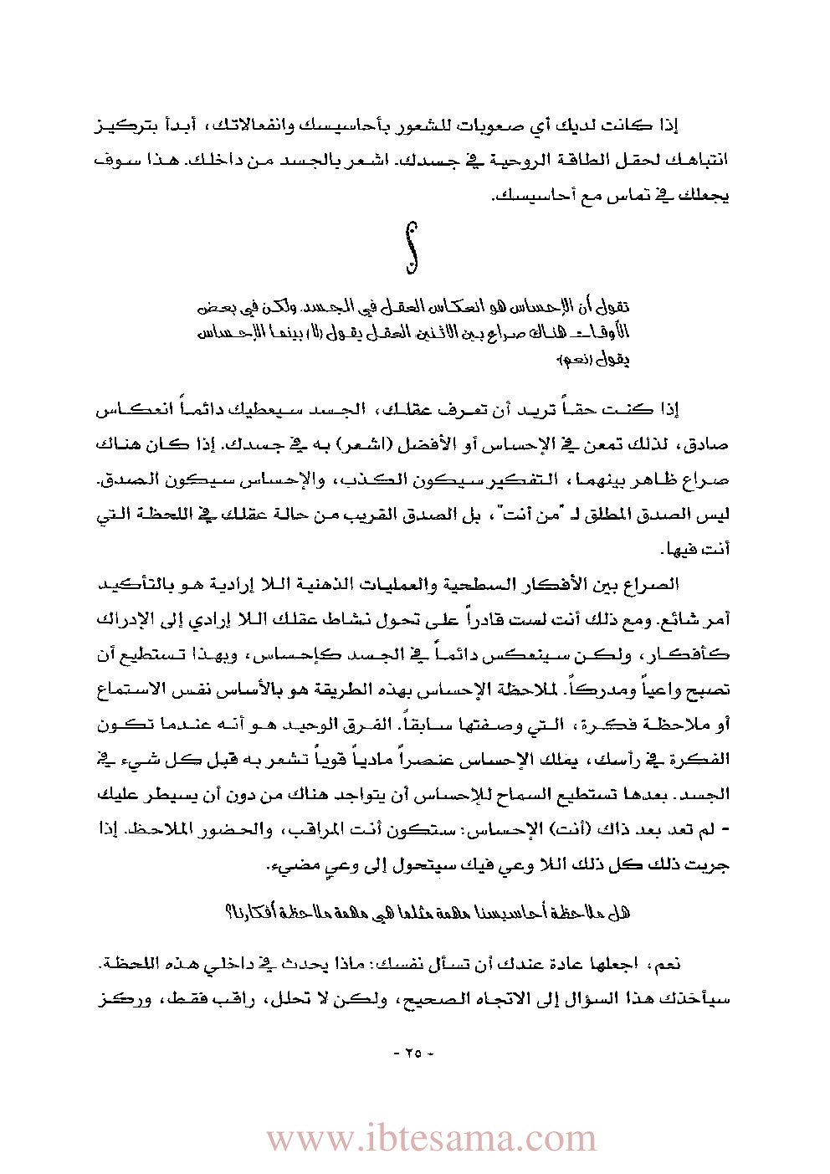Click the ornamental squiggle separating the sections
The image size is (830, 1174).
411,248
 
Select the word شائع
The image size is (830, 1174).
694,620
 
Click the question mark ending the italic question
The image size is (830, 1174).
228,912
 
